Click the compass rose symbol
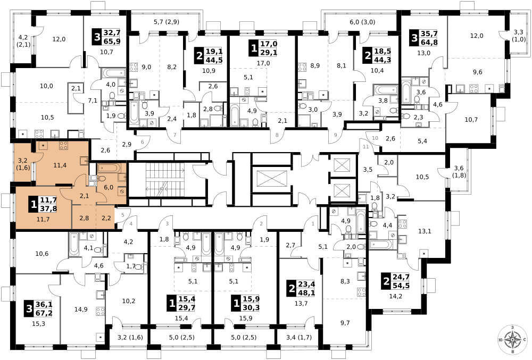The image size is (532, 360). click(512, 339)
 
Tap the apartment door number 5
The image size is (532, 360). click(123, 214)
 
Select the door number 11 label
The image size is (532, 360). click(365, 147)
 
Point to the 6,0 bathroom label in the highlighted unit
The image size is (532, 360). click(109, 187)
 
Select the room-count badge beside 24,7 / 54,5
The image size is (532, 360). click(386, 282)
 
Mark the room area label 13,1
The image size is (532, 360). click(425, 231)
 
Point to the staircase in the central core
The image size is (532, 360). click(165, 180)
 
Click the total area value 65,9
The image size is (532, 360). click(112, 41)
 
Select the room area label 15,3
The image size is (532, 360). click(38, 324)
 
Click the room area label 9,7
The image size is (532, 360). click(345, 323)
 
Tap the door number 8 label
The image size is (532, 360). click(277, 135)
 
